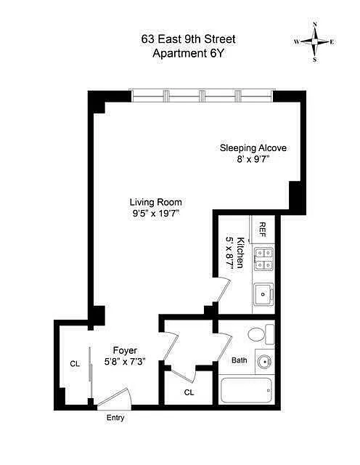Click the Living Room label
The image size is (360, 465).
coord(155,202)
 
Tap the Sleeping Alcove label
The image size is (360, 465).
coord(253,147)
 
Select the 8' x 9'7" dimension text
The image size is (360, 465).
coord(253,160)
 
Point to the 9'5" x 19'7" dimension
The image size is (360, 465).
coord(155,214)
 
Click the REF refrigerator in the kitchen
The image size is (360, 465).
coord(263,229)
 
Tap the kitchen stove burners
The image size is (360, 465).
coord(263,259)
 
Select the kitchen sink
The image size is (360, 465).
coord(263,294)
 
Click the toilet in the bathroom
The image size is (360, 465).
coord(261,334)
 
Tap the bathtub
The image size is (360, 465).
coord(246,390)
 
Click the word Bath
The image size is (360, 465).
coord(239,360)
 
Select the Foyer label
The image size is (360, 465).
coord(125,350)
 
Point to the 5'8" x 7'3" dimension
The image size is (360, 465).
coord(125,362)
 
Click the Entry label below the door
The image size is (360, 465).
coord(115,418)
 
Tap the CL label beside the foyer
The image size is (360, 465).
coord(75,363)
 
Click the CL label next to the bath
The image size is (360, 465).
coord(189,392)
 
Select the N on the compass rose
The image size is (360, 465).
coord(315,24)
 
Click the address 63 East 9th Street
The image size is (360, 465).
coord(189,39)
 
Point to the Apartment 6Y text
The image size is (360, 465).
coord(189,53)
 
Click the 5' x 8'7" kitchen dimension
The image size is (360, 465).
coord(230,253)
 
